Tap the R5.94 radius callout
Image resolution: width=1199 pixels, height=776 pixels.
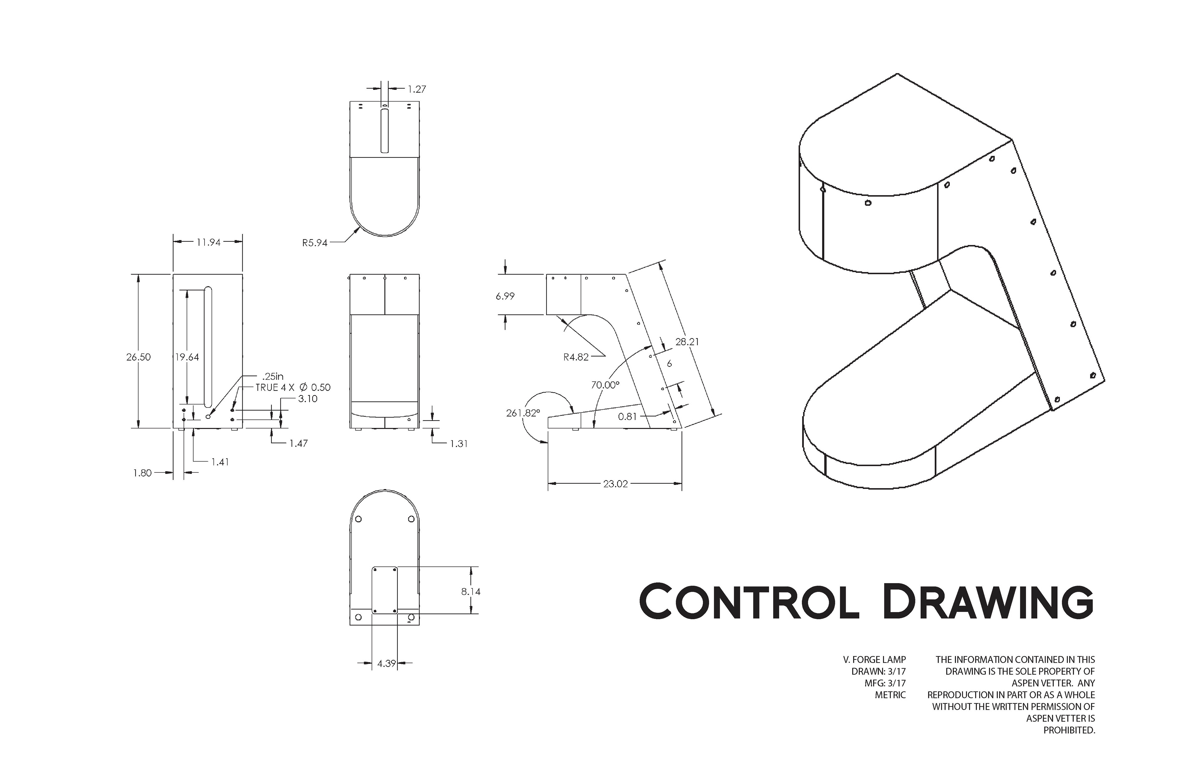pyautogui.click(x=315, y=243)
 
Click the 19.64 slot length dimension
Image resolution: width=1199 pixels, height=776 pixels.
pyautogui.click(x=187, y=357)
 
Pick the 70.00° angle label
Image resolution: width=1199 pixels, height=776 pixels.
pyautogui.click(x=605, y=385)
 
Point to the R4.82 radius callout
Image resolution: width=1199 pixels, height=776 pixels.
pyautogui.click(x=576, y=357)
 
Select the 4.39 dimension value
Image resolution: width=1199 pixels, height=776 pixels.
pyautogui.click(x=387, y=664)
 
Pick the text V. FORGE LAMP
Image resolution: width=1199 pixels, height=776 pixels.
pyautogui.click(x=875, y=660)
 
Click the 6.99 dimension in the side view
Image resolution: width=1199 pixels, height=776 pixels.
pyautogui.click(x=505, y=296)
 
